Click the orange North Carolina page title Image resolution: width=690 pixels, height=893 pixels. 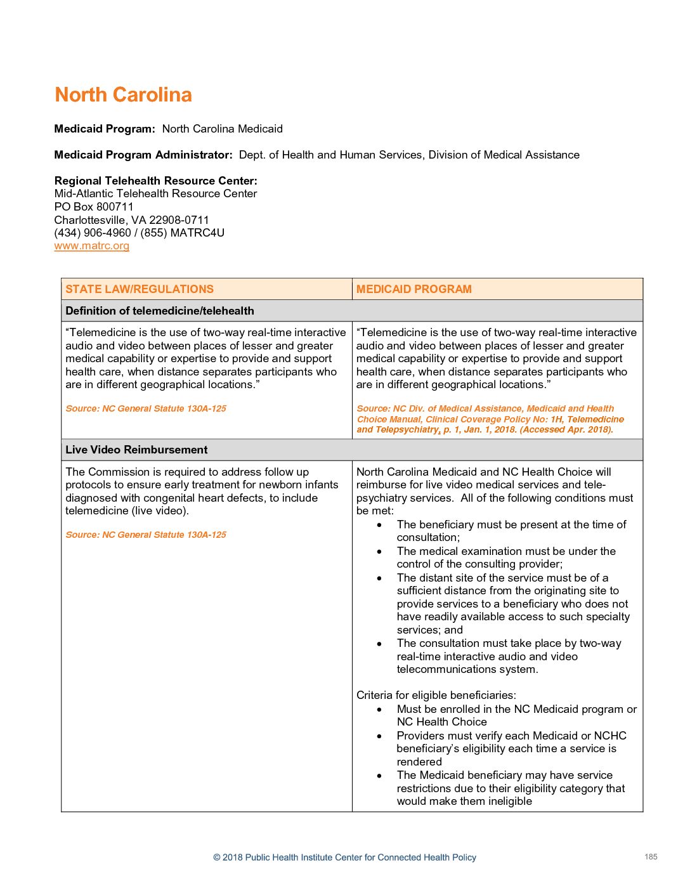[x=123, y=95]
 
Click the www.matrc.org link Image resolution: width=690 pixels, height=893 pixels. [x=92, y=246]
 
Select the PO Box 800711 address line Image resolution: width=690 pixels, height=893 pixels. [x=94, y=207]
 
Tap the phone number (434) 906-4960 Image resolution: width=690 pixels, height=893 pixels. [x=93, y=233]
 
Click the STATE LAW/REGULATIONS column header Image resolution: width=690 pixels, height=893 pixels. [x=140, y=289]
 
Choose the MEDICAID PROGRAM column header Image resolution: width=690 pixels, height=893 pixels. [x=413, y=289]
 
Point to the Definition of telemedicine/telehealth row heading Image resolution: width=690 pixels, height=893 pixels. [x=160, y=311]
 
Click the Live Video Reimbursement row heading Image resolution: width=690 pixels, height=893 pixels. [x=136, y=450]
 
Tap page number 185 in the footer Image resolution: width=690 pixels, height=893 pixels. [x=651, y=857]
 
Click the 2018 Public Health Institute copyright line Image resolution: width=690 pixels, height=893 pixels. [x=344, y=857]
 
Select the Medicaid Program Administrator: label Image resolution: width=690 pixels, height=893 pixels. [x=143, y=155]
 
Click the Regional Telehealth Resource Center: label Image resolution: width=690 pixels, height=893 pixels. [x=156, y=181]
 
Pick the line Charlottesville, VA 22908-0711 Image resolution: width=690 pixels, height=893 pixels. [x=131, y=220]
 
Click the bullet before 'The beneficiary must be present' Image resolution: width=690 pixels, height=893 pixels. [x=379, y=525]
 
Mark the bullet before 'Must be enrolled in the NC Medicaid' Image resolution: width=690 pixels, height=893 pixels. [x=379, y=710]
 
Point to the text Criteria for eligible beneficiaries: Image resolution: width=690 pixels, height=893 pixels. [x=436, y=695]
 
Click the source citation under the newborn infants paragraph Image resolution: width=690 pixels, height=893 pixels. [x=146, y=535]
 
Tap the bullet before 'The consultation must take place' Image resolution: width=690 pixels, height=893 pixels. [x=379, y=644]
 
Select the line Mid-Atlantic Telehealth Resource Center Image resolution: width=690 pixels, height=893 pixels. [x=155, y=193]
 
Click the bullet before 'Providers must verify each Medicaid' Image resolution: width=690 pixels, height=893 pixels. [x=379, y=736]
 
